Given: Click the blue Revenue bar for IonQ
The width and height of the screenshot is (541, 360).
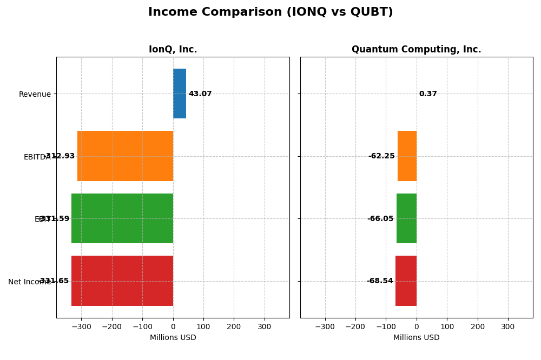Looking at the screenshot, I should click(180, 94).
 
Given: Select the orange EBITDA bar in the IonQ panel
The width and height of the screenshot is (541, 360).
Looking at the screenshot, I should click(125, 156).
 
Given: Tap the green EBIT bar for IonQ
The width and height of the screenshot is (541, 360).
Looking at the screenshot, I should click(122, 218).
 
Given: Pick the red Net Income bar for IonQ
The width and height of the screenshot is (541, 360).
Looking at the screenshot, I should click(122, 281).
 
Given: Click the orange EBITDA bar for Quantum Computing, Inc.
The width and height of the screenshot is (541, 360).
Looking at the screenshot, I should click(407, 156).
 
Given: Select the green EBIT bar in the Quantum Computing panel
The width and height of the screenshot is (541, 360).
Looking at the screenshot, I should click(406, 218).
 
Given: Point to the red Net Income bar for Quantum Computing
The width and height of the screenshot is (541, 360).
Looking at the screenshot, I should click(406, 281).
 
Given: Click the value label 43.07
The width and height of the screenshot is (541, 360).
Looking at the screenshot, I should click(200, 94).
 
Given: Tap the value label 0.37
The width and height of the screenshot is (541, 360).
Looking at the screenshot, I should click(428, 94).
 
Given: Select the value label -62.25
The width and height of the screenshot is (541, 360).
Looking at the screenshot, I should click(381, 156).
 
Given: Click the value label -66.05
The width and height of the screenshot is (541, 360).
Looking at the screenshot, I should click(380, 219).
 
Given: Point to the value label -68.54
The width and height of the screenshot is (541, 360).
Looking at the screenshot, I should click(380, 281).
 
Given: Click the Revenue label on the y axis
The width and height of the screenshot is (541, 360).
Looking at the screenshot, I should click(35, 95).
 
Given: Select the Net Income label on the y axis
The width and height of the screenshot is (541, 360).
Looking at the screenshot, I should click(30, 282).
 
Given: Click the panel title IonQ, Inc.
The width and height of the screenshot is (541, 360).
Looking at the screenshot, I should click(173, 50).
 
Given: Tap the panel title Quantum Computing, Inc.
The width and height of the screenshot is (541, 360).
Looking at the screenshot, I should click(416, 50).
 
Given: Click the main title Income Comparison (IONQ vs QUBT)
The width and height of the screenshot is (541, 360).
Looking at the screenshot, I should click(270, 12).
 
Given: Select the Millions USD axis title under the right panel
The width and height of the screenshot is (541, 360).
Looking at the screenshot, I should click(416, 338).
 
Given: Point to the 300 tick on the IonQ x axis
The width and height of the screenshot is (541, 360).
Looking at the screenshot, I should click(264, 326).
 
